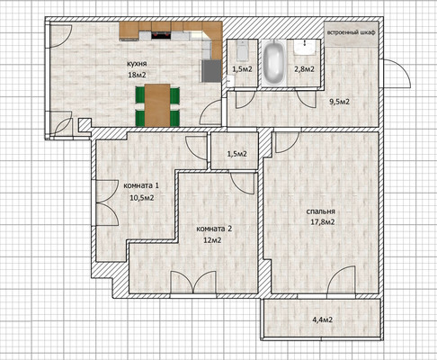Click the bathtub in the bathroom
point(274,62)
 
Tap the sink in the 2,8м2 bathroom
point(305,48)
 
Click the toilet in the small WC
point(242,50)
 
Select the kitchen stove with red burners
point(161,35)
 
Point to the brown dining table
point(157,105)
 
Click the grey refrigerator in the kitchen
point(211,71)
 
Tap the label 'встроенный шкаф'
point(351,32)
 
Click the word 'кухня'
point(137,64)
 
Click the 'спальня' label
point(320,211)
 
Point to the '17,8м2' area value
point(323,222)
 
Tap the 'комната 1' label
point(141,185)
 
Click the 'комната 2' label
point(214,229)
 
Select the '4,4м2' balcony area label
point(323,319)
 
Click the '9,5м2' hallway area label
point(340,102)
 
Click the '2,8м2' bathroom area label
point(304,69)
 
